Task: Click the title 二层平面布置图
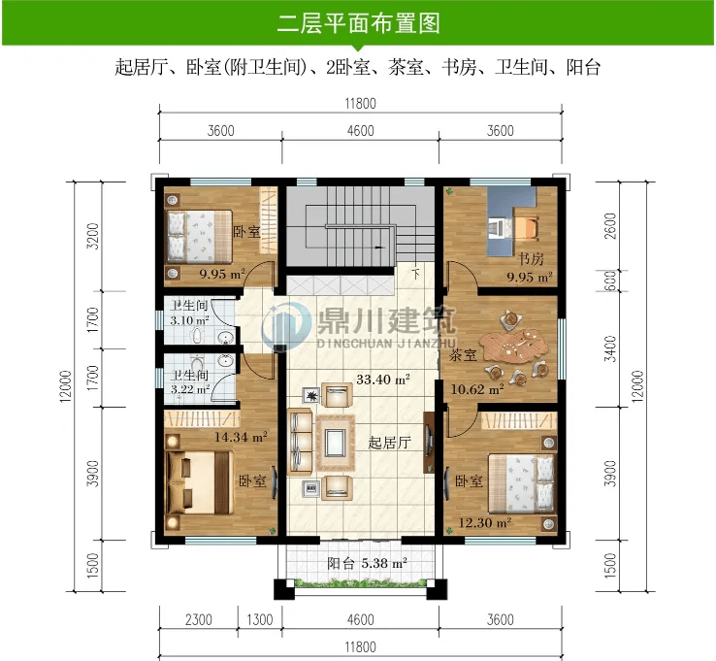pyautogui.click(x=358, y=23)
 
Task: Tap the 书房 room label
pyautogui.click(x=531, y=259)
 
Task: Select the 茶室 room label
pyautogui.click(x=463, y=354)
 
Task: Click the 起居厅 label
pyautogui.click(x=389, y=443)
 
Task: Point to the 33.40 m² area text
pyautogui.click(x=382, y=380)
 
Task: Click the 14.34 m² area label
pyautogui.click(x=241, y=437)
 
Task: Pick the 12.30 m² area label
pyautogui.click(x=484, y=522)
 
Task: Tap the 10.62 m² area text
pyautogui.click(x=477, y=389)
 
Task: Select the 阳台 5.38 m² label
pyautogui.click(x=367, y=563)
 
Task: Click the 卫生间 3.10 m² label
pyautogui.click(x=189, y=313)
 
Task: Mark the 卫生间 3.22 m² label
pyautogui.click(x=190, y=382)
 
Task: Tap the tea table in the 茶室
pyautogui.click(x=512, y=346)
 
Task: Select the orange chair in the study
pyautogui.click(x=527, y=227)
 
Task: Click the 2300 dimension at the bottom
pyautogui.click(x=199, y=620)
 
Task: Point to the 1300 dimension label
pyautogui.click(x=259, y=620)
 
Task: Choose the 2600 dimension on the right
pyautogui.click(x=610, y=226)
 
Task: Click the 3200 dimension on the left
pyautogui.click(x=93, y=236)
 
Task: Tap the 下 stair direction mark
pyautogui.click(x=415, y=274)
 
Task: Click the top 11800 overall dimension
pyautogui.click(x=360, y=104)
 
